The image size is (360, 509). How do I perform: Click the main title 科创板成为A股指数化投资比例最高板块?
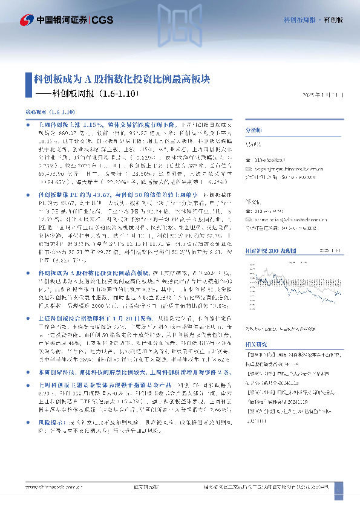click(122, 79)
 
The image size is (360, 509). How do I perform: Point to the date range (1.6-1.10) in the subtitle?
click(118, 94)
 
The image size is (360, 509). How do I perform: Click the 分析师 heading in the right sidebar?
click(255, 130)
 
